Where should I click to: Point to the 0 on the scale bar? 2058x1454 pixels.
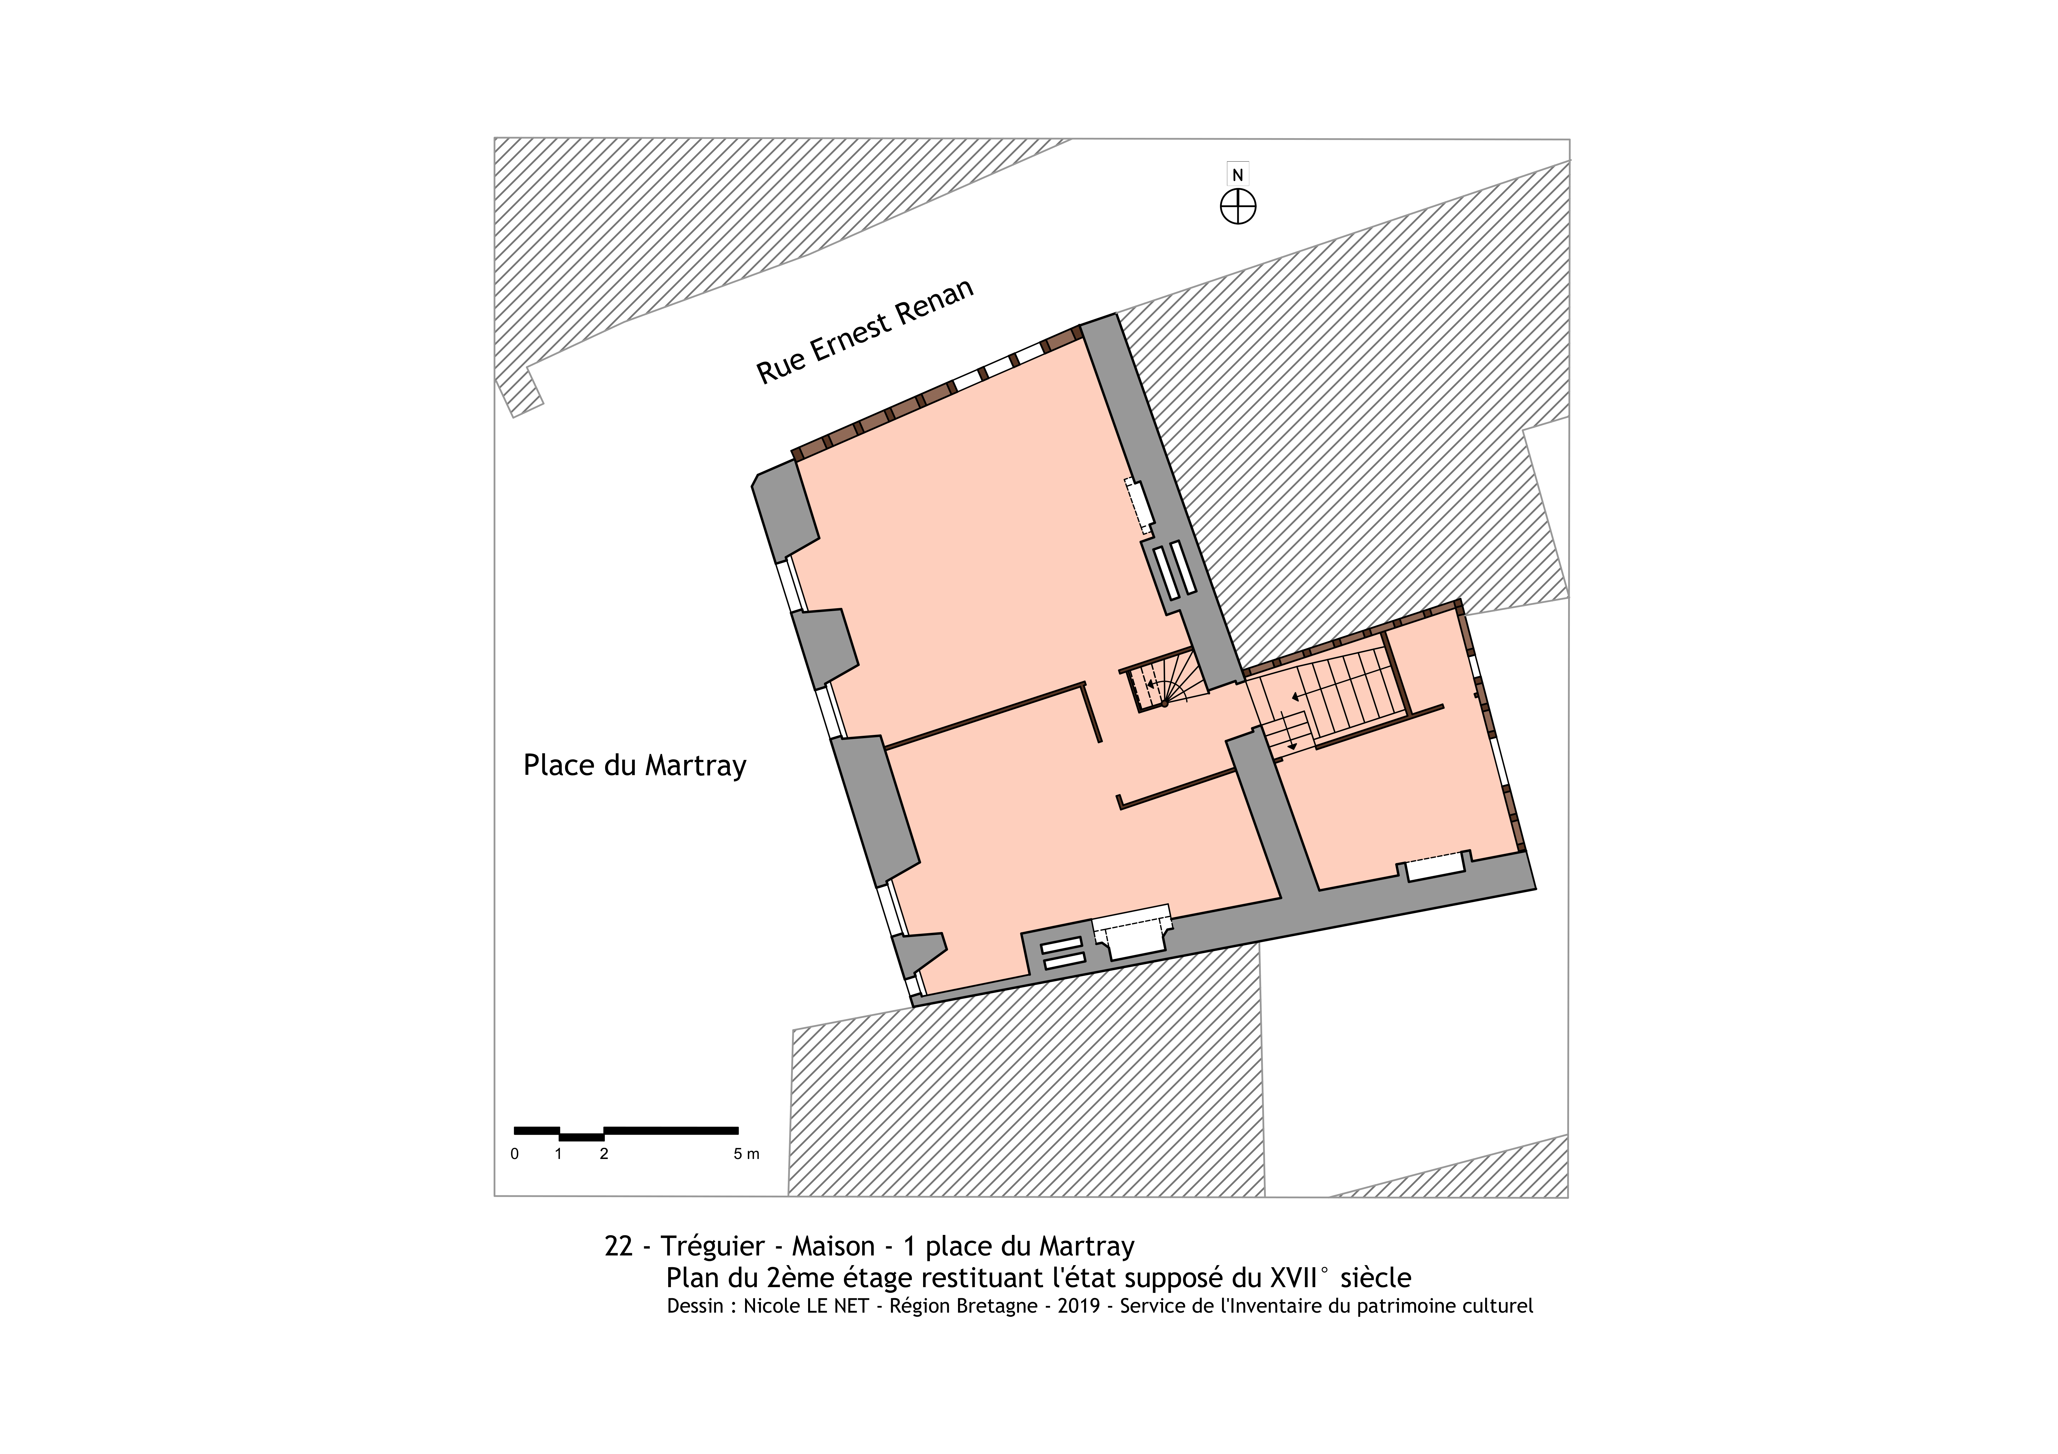pyautogui.click(x=514, y=1154)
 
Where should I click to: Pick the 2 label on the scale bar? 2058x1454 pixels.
pyautogui.click(x=604, y=1154)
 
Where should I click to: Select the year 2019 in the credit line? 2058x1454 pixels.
pyautogui.click(x=1078, y=1306)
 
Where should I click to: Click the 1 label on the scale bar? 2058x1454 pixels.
pyautogui.click(x=558, y=1154)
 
